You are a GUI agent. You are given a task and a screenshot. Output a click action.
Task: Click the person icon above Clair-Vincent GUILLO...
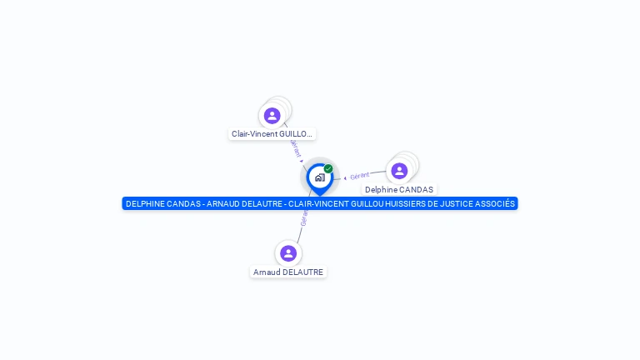272,116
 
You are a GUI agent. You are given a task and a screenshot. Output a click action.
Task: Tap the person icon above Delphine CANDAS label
399,171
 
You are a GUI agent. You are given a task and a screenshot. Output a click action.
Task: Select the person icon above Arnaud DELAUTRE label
288,252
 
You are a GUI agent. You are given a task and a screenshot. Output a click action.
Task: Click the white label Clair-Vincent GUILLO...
272,133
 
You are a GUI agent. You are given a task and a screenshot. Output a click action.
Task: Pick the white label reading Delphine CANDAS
399,189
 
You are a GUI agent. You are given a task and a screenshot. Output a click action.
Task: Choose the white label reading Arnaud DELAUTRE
288,272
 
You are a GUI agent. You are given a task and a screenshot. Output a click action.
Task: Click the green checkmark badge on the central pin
328,168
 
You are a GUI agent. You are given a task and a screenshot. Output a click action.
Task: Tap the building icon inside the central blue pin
319,177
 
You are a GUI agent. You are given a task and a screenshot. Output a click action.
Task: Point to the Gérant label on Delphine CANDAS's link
360,176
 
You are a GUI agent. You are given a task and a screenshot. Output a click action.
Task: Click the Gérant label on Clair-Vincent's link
296,147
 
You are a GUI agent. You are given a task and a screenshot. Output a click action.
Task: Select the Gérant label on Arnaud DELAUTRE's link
304,219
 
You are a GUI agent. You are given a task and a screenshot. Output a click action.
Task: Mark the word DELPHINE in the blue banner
143,203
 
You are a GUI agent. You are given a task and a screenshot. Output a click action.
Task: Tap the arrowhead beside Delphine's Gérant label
345,177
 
